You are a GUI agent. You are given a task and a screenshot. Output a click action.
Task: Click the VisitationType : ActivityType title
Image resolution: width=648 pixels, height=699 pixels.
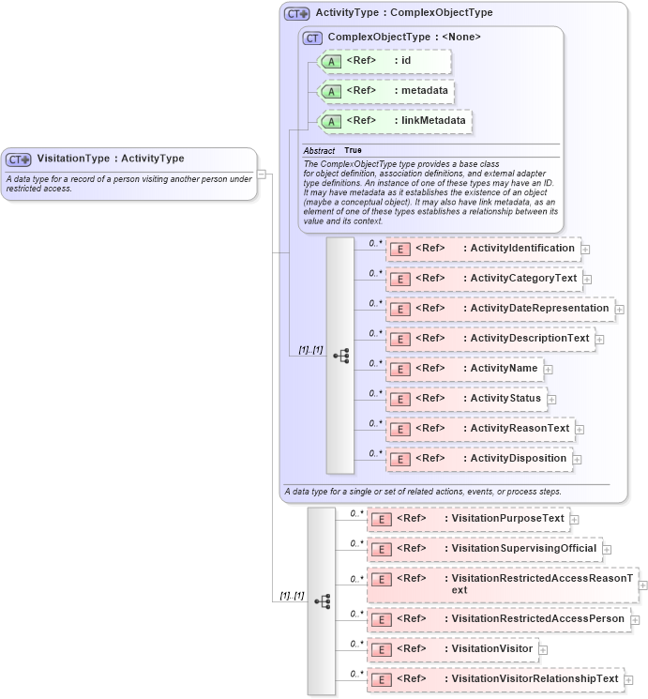[111, 159]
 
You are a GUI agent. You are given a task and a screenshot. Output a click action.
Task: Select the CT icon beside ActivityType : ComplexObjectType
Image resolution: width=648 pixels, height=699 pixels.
[297, 14]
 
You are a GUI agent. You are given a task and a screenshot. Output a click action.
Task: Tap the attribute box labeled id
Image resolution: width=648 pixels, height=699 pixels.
[385, 62]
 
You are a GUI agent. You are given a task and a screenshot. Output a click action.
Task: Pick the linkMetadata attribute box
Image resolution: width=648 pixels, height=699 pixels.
[395, 121]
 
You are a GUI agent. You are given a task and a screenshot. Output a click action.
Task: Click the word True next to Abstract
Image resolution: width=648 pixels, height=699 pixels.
[353, 150]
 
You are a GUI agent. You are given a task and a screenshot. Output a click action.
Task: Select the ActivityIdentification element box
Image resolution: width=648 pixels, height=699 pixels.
[483, 249]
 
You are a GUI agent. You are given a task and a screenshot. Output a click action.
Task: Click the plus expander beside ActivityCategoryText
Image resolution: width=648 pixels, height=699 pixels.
[588, 279]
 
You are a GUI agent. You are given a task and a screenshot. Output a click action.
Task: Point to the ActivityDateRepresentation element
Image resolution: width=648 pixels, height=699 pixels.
[500, 309]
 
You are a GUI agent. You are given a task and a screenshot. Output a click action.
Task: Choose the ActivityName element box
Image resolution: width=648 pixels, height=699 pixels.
[464, 369]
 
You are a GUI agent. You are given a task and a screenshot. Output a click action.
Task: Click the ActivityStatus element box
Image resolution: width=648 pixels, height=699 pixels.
[466, 399]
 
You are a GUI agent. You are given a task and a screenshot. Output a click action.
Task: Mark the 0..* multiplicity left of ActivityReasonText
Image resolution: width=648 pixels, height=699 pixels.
[375, 423]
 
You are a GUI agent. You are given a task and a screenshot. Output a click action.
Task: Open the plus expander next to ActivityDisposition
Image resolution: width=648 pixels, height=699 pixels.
[579, 459]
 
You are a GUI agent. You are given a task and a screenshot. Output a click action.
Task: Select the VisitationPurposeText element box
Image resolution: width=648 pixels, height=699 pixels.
[468, 519]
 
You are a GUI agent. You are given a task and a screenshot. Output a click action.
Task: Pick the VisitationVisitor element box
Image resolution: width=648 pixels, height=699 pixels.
[452, 649]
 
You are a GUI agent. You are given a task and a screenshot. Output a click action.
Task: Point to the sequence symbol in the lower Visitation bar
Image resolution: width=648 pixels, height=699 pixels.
[322, 601]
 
